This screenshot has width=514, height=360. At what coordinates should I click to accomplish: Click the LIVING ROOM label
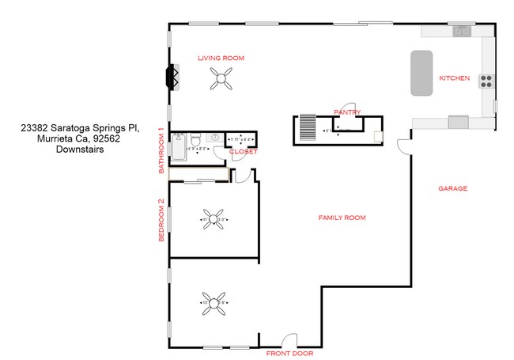pos(221,58)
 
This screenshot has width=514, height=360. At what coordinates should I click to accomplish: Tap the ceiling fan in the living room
pos(221,78)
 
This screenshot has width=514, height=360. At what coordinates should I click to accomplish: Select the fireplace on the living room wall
pos(170,77)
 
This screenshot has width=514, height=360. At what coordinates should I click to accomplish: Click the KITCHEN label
pos(455,78)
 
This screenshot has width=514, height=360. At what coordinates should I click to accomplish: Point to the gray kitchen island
pos(421,74)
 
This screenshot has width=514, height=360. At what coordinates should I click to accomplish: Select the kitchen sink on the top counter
pos(461,32)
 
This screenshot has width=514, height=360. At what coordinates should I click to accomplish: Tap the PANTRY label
pos(348,112)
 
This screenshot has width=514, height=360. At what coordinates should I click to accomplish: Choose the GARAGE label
pos(453,189)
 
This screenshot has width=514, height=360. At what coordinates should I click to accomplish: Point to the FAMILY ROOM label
pos(342,218)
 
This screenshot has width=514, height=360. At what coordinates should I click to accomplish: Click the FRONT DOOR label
pos(289,353)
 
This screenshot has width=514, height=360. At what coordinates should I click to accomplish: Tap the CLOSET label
pos(244,151)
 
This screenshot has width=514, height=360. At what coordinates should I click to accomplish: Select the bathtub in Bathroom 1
pos(178,147)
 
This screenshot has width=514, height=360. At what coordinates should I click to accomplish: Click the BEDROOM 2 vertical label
pos(161,220)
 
